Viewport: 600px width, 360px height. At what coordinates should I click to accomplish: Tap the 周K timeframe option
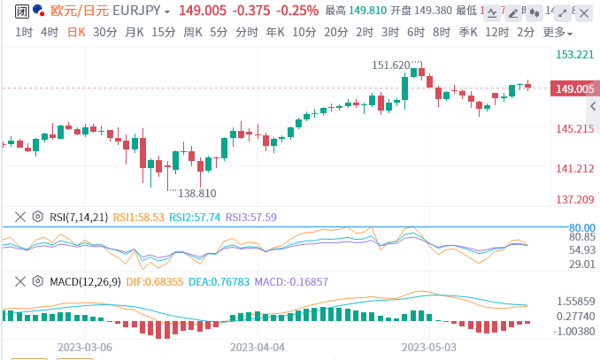point(192,32)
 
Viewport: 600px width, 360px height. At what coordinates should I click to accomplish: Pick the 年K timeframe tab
point(275,32)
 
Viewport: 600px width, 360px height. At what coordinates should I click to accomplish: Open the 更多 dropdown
point(555,32)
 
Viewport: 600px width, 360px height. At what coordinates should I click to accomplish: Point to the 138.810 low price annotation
point(196,193)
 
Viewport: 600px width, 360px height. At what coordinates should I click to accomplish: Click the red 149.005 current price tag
point(573,88)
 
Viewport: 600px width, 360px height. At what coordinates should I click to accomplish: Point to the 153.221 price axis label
point(573,55)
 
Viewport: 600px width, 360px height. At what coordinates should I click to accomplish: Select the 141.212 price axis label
point(573,169)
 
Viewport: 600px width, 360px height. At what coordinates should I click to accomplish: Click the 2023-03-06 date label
point(85,349)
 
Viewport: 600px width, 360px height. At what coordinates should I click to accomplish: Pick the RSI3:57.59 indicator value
point(251,216)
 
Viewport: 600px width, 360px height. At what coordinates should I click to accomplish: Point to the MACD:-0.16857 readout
point(291,281)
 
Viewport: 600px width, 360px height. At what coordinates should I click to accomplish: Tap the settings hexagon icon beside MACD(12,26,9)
point(37,281)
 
